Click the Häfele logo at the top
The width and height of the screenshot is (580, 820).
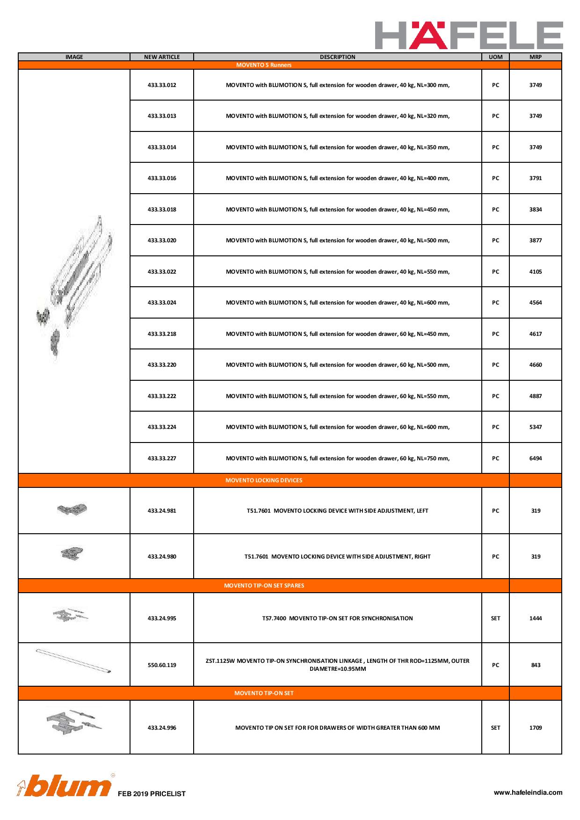click(469, 35)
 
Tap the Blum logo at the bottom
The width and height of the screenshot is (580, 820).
click(65, 787)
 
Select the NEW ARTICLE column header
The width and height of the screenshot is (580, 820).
click(162, 57)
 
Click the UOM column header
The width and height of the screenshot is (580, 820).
click(495, 57)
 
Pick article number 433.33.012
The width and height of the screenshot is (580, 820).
click(162, 85)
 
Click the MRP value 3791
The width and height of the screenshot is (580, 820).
click(536, 178)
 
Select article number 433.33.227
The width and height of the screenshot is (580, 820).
click(162, 458)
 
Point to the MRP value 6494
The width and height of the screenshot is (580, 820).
click(536, 458)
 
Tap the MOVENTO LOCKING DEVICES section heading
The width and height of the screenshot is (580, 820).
click(264, 480)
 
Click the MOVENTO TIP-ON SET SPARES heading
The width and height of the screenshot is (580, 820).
click(264, 586)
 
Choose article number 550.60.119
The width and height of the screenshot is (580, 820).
click(162, 665)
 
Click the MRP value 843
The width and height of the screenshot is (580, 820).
click(536, 665)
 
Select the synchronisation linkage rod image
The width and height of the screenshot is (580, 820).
click(74, 660)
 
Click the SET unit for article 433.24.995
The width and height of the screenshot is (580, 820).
click(495, 618)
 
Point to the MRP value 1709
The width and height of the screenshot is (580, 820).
click(536, 728)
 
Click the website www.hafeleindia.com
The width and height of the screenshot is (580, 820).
click(528, 792)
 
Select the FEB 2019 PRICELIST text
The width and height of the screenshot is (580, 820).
click(152, 794)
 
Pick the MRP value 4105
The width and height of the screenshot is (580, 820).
click(536, 272)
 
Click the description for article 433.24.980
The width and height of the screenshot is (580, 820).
click(337, 557)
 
